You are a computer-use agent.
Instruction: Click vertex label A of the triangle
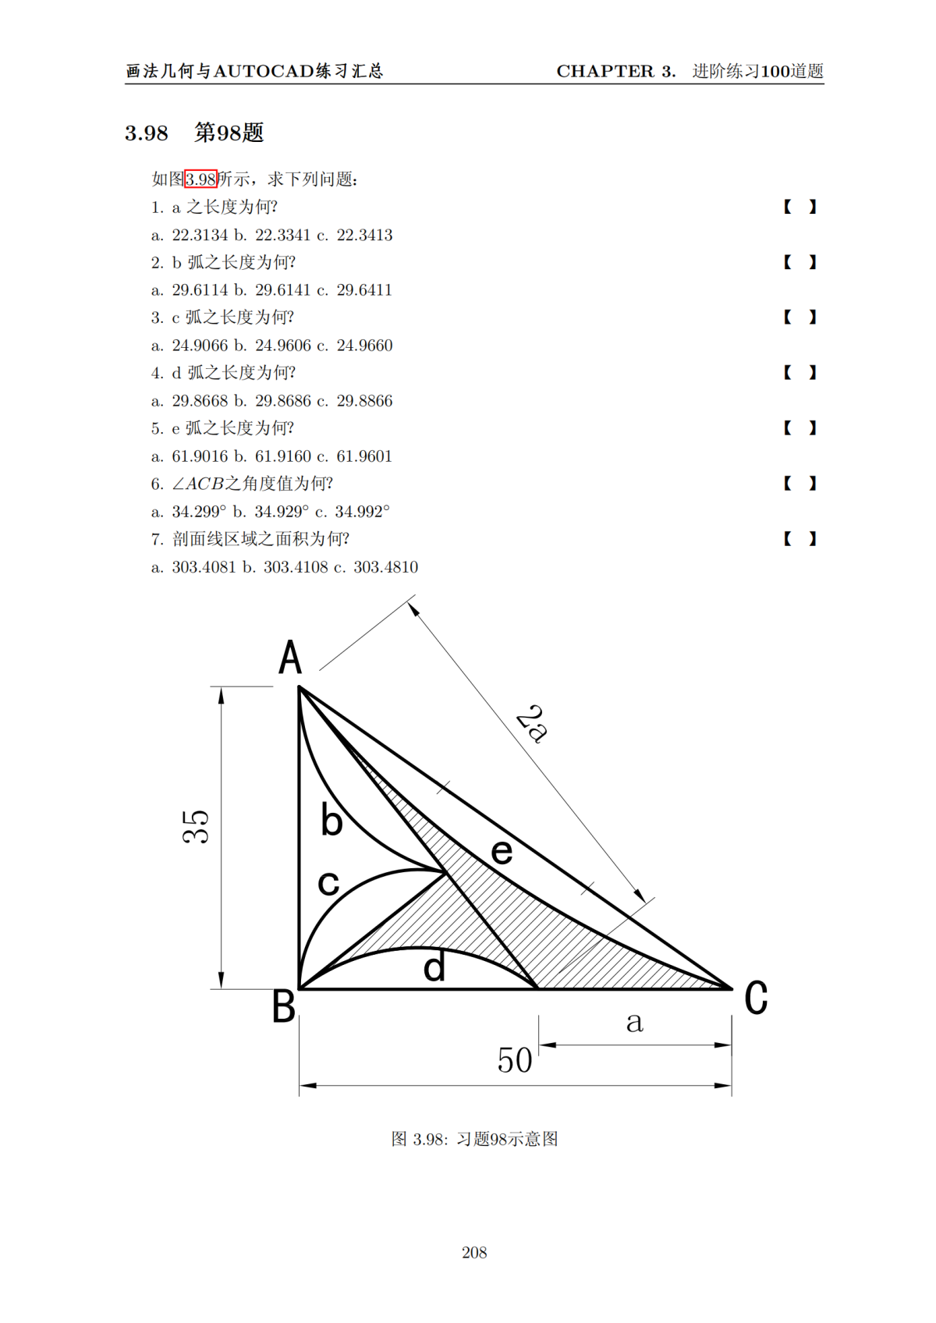[x=290, y=658]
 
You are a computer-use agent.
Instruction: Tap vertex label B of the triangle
[x=283, y=1006]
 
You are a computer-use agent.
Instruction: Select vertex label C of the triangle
[x=755, y=998]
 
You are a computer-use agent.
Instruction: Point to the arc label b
[x=331, y=821]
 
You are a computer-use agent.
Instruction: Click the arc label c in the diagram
[x=328, y=884]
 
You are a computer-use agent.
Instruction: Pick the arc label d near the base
[x=434, y=968]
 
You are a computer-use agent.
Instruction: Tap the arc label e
[x=502, y=852]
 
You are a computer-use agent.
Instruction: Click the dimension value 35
[x=197, y=826]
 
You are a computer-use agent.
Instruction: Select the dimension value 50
[x=515, y=1061]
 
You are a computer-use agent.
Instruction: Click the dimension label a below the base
[x=634, y=1022]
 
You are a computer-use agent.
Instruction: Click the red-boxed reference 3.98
[x=200, y=179]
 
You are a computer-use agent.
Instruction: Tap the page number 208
[x=474, y=1253]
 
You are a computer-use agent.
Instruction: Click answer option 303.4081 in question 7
[x=204, y=567]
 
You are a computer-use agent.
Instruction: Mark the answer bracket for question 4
[x=799, y=373]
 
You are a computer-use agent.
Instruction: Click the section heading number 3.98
[x=147, y=133]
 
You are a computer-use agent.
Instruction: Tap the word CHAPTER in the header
[x=605, y=71]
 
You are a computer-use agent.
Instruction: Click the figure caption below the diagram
[x=474, y=1139]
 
